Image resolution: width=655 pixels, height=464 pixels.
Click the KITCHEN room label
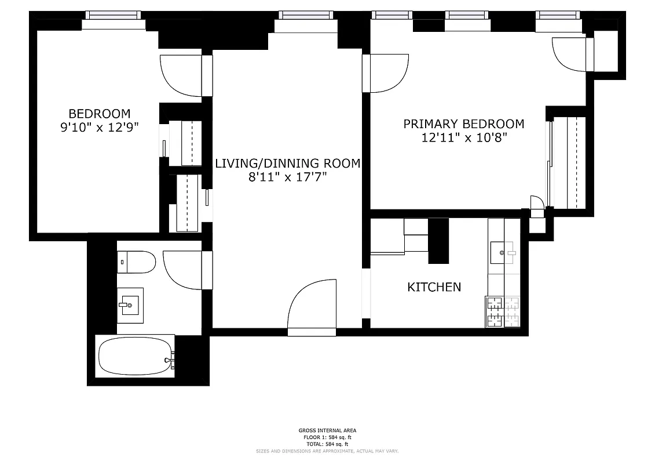coord(434,287)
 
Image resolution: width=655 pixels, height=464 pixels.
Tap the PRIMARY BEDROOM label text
coord(463,124)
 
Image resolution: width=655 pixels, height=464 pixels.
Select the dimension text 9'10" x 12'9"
coord(100,128)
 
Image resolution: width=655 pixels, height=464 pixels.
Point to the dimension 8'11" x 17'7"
coord(287,177)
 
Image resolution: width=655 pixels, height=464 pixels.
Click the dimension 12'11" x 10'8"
coord(463,137)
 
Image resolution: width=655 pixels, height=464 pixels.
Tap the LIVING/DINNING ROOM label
coord(287,164)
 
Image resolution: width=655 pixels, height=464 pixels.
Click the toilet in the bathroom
coord(137,263)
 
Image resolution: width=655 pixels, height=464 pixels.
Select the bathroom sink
coord(130,304)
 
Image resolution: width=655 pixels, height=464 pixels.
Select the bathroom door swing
coord(183,270)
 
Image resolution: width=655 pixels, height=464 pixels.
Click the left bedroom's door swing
coord(182,75)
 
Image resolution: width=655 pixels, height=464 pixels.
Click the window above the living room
coord(305,16)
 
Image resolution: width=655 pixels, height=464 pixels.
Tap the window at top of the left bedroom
coord(112,16)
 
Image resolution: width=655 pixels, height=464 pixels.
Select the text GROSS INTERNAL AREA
coord(328,430)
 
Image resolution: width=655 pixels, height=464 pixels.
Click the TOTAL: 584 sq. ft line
coord(328,443)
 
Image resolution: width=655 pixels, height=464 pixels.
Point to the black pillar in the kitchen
coord(438,240)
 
